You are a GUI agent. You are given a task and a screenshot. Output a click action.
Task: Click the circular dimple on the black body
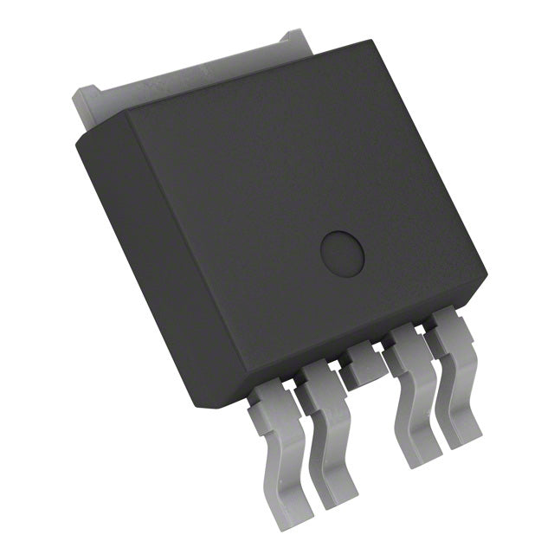[343, 252]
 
